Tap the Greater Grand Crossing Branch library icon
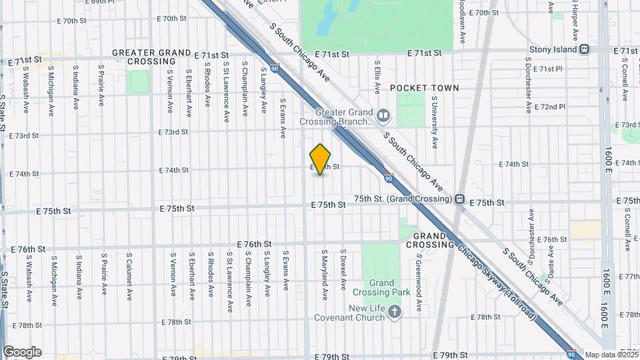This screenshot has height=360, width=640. click(x=383, y=117)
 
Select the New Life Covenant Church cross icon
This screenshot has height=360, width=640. click(x=395, y=311)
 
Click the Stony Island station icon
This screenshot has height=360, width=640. click(x=585, y=49)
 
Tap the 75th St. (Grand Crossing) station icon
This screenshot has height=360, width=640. click(x=459, y=199)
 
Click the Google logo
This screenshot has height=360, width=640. click(x=22, y=351)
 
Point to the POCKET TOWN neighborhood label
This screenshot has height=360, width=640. click(x=425, y=88)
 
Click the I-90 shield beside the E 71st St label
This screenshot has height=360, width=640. click(x=275, y=67)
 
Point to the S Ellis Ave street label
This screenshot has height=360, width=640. click(x=377, y=78)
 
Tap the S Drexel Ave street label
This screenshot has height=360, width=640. click(x=343, y=270)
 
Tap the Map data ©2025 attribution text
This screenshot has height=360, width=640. click(x=611, y=355)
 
